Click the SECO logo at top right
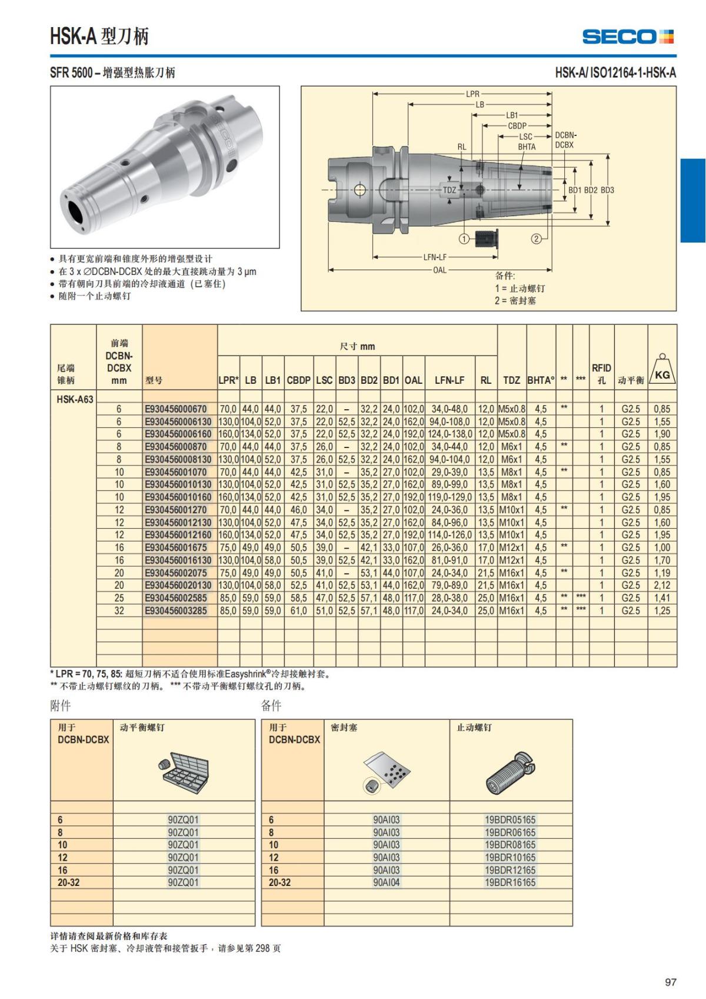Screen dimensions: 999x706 tap(627, 36)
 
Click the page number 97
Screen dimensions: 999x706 tap(670, 982)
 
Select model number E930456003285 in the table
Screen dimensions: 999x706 tap(176, 610)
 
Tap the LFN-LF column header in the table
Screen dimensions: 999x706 tap(449, 380)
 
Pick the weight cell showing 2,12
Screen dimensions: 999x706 tap(662, 585)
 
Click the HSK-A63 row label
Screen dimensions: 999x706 tap(75, 399)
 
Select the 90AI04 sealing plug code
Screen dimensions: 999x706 tap(387, 882)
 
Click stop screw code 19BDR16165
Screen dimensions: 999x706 tap(510, 882)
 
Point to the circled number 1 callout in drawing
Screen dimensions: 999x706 tap(464, 238)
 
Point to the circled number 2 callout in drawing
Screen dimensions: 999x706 tap(536, 238)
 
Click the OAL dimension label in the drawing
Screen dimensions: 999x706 tap(439, 270)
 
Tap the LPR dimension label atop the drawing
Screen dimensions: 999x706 tap(473, 94)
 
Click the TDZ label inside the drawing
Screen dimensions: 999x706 tap(449, 190)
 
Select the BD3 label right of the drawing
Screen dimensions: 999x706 tap(607, 190)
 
